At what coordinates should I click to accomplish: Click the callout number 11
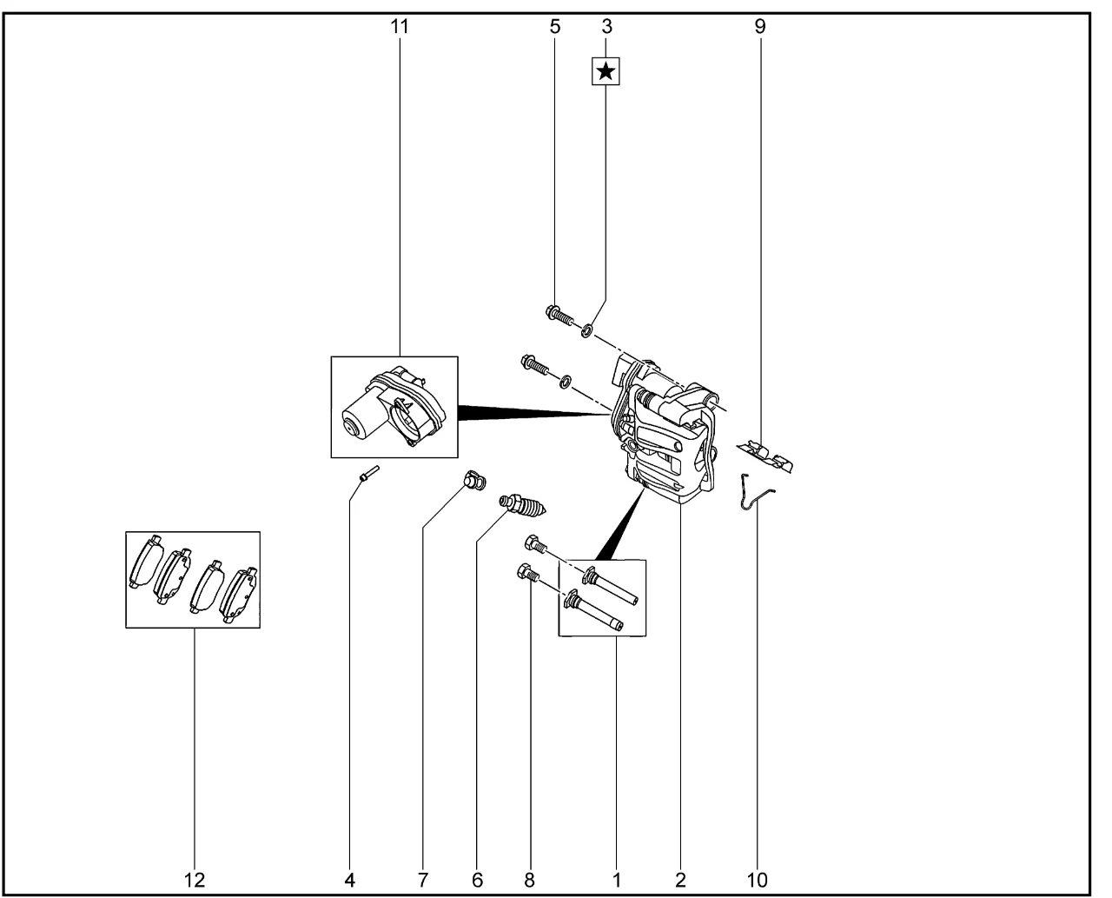[400, 26]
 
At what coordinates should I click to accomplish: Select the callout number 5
[554, 26]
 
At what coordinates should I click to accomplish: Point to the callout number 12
[195, 881]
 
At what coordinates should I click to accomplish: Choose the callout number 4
[349, 881]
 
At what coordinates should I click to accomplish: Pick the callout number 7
[422, 881]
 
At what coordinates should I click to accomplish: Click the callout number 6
[477, 881]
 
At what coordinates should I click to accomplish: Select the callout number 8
[529, 881]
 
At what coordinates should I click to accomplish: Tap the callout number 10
[757, 881]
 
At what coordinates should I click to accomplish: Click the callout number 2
[679, 881]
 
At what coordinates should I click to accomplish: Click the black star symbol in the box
[606, 71]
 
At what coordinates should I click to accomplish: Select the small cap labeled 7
[474, 480]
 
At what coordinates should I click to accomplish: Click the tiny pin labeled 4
[369, 473]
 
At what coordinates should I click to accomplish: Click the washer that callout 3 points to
[586, 330]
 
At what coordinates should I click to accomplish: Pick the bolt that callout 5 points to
[559, 315]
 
